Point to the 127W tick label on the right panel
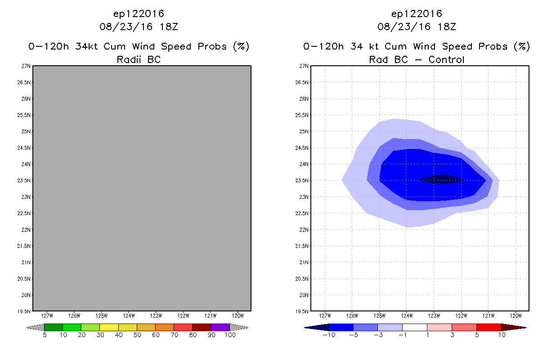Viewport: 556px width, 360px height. point(325,315)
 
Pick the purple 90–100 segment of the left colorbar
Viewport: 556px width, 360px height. point(220,327)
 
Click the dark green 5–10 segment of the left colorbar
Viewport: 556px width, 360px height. point(54,327)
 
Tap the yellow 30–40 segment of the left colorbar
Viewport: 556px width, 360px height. point(109,327)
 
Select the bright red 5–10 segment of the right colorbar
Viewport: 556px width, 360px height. point(489,327)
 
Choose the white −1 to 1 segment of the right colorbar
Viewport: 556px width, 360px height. point(414,327)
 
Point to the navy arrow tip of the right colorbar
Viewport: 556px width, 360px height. point(316,327)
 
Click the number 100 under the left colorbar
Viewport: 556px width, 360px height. point(230,335)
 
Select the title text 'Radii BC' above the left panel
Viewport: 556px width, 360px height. point(139,59)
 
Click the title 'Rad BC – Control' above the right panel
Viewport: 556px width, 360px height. point(417,59)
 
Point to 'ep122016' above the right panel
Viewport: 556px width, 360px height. point(417,14)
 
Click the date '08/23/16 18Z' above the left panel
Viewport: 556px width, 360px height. point(139,27)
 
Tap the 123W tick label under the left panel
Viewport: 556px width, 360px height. point(156,315)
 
